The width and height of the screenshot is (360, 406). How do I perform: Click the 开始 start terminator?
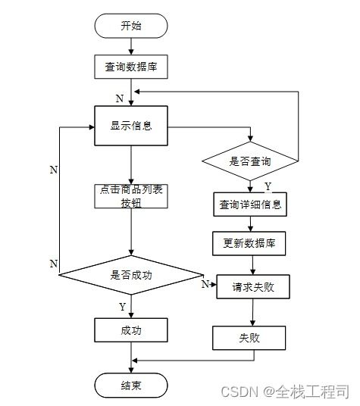[131, 26]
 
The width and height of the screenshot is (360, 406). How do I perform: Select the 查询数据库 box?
[131, 67]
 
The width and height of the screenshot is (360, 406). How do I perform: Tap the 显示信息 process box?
[131, 126]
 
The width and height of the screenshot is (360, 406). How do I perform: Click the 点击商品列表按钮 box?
[131, 195]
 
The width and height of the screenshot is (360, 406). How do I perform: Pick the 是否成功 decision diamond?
[131, 276]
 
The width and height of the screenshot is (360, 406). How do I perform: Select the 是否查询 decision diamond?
[249, 161]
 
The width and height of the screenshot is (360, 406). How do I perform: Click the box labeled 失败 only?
[249, 337]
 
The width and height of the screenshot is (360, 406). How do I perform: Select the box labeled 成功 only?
[131, 330]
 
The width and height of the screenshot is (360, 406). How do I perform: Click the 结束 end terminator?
[131, 385]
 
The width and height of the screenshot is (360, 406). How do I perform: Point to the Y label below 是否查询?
[267, 186]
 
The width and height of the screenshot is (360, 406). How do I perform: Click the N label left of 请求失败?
[205, 284]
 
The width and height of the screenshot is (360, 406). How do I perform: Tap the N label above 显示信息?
[119, 98]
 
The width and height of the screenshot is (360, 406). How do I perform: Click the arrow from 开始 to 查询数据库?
[131, 45]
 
